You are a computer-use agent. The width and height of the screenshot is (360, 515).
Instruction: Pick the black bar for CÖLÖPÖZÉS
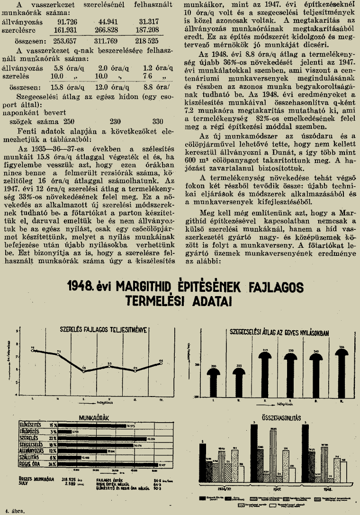click(x=64, y=432)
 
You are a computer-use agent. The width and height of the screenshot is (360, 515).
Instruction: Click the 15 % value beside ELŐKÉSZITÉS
click(x=53, y=425)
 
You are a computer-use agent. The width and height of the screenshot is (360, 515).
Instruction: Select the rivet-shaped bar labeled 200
click(x=214, y=379)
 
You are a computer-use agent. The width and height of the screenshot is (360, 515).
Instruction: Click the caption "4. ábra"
click(x=14, y=510)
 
